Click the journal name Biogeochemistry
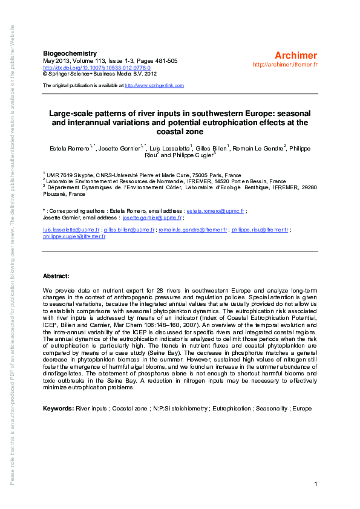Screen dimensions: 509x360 [67, 54]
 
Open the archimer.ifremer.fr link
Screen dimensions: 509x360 [286, 64]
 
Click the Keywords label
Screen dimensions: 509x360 [58, 409]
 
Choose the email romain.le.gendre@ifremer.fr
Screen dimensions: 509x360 [192, 230]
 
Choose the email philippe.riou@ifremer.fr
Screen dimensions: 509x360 [260, 230]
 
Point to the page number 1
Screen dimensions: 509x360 [316, 484]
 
